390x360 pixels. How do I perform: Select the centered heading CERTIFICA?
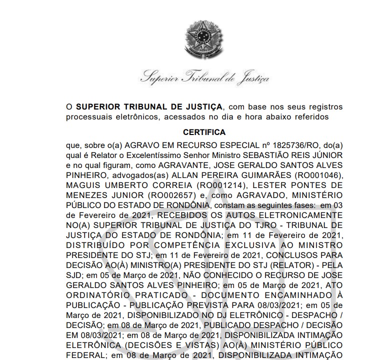(204, 132)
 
